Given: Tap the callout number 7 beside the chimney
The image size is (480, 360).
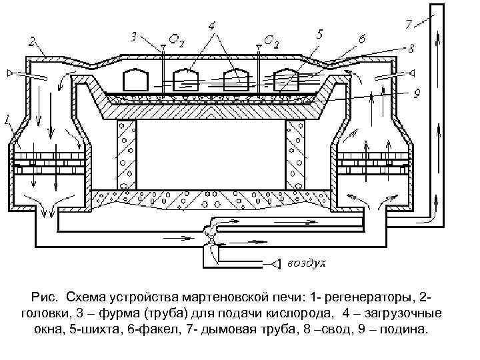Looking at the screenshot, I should click(408, 24).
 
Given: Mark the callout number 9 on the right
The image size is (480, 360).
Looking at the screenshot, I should click(416, 93).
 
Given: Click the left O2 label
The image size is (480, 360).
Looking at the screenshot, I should click(176, 41).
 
